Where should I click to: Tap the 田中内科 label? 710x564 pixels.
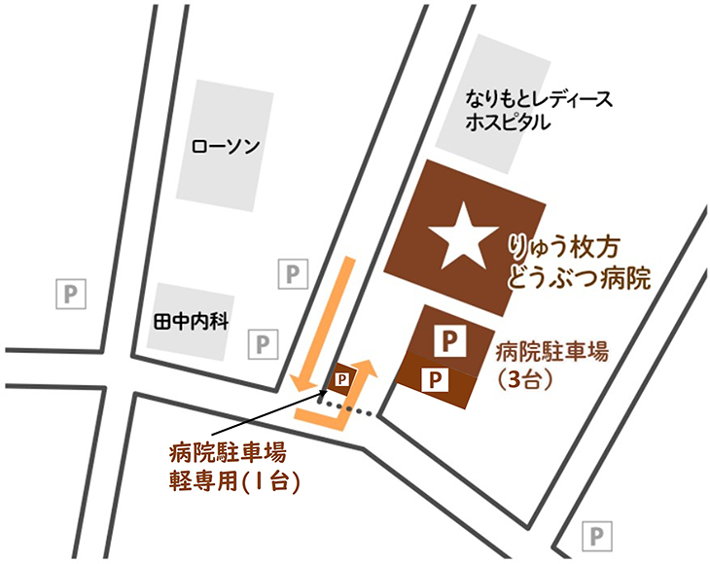[x=191, y=320]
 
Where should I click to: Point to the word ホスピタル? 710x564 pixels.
[x=507, y=123]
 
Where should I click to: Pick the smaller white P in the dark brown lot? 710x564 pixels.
[x=434, y=377]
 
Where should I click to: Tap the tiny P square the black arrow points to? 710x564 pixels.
[x=341, y=377]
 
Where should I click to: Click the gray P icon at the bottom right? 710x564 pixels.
[x=597, y=534]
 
